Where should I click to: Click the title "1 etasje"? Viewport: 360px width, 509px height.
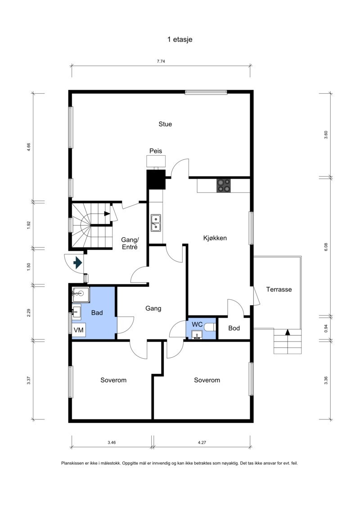pos(180,40)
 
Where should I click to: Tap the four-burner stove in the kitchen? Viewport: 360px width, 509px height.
pos(224,185)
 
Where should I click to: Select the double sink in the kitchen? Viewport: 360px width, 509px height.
pos(156,223)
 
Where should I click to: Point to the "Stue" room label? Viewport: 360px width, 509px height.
pos(165,124)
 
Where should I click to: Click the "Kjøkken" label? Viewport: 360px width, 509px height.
pos(215,238)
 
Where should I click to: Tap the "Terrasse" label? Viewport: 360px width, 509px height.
pos(279,289)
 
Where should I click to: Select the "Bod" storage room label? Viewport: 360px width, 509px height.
pos(234,328)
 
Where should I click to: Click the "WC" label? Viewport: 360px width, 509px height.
pos(197,324)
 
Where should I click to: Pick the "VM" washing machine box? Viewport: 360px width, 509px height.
pos(78,330)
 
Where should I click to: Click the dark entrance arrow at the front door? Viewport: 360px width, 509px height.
pos(77,262)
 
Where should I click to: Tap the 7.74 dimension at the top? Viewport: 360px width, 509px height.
pos(161,62)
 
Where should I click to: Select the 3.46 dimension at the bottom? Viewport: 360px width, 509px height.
pos(112,442)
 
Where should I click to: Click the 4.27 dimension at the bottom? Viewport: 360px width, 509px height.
pos(202,442)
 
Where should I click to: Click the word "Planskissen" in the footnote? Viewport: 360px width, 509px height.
pos(73,463)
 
